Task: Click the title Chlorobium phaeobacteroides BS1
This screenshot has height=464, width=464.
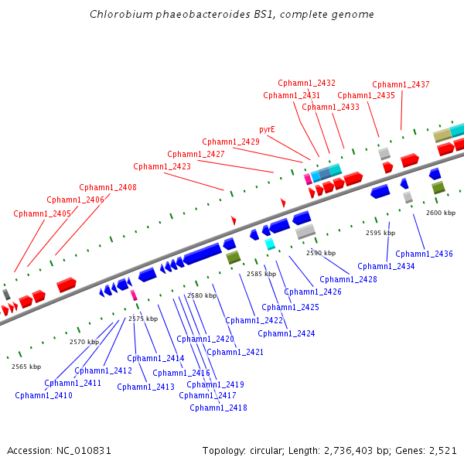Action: [232, 15]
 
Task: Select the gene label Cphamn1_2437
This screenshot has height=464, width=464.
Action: [401, 84]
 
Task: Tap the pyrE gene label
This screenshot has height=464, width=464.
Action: [267, 129]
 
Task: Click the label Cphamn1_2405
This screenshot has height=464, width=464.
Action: [42, 213]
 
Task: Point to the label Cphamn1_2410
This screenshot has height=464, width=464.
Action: [43, 395]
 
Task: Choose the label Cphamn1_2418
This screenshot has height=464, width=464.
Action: [218, 408]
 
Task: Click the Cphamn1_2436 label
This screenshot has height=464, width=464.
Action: [424, 254]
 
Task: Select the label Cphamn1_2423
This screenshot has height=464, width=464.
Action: [162, 166]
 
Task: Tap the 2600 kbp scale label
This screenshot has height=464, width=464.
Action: [441, 213]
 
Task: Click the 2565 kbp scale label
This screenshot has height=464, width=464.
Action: [26, 367]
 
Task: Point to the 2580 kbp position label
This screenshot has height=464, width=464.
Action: [202, 295]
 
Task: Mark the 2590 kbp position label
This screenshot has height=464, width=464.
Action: [321, 253]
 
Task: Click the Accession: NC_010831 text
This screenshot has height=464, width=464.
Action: [60, 450]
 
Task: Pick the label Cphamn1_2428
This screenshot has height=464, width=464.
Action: [348, 279]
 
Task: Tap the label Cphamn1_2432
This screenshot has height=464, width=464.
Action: [306, 83]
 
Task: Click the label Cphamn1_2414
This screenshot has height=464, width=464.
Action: [155, 358]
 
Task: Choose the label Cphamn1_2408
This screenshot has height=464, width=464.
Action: [107, 187]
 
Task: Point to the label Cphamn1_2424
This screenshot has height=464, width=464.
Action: [286, 333]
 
